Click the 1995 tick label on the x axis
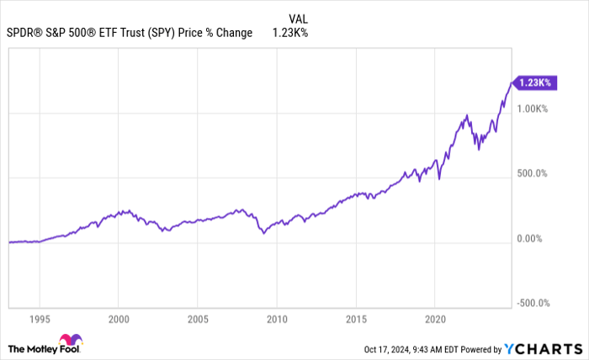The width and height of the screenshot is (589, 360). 40,320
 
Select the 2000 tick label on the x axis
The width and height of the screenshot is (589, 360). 119,320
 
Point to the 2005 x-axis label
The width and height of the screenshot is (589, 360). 198,320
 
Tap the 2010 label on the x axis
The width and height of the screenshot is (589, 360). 277,320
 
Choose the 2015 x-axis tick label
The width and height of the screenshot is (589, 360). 356,320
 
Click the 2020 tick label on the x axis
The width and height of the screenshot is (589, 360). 434,320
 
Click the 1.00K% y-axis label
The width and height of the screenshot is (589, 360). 533,109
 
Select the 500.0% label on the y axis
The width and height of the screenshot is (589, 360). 533,174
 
